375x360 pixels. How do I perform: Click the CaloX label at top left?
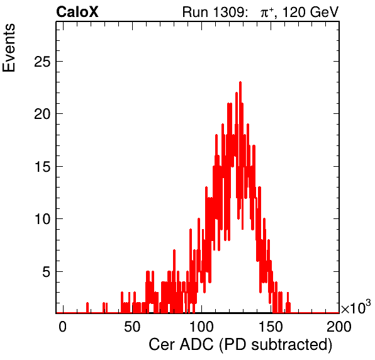pos(77,12)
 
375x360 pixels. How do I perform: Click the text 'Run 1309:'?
pos(215,12)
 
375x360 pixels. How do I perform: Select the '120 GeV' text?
pos(311,12)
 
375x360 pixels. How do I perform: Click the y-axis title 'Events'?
pos(9,48)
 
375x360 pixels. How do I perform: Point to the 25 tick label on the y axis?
pos(42,62)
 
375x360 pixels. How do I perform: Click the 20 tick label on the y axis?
pos(42,114)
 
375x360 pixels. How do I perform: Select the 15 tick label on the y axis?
pos(42,167)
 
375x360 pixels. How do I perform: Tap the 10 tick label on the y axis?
pos(42,219)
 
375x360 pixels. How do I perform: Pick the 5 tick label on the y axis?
pos(47,272)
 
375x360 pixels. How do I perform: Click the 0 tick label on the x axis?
pos(62,327)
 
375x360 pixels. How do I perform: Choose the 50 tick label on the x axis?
pos(132,327)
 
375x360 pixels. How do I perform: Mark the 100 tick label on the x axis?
pos(201,327)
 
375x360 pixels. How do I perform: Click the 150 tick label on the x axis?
pos(271,327)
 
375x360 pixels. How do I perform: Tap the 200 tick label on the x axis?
pos(339,327)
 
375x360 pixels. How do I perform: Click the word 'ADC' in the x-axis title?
pos(196,345)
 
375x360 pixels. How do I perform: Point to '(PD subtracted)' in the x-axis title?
pos(276,345)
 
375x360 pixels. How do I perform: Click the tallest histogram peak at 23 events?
pos(240,83)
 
